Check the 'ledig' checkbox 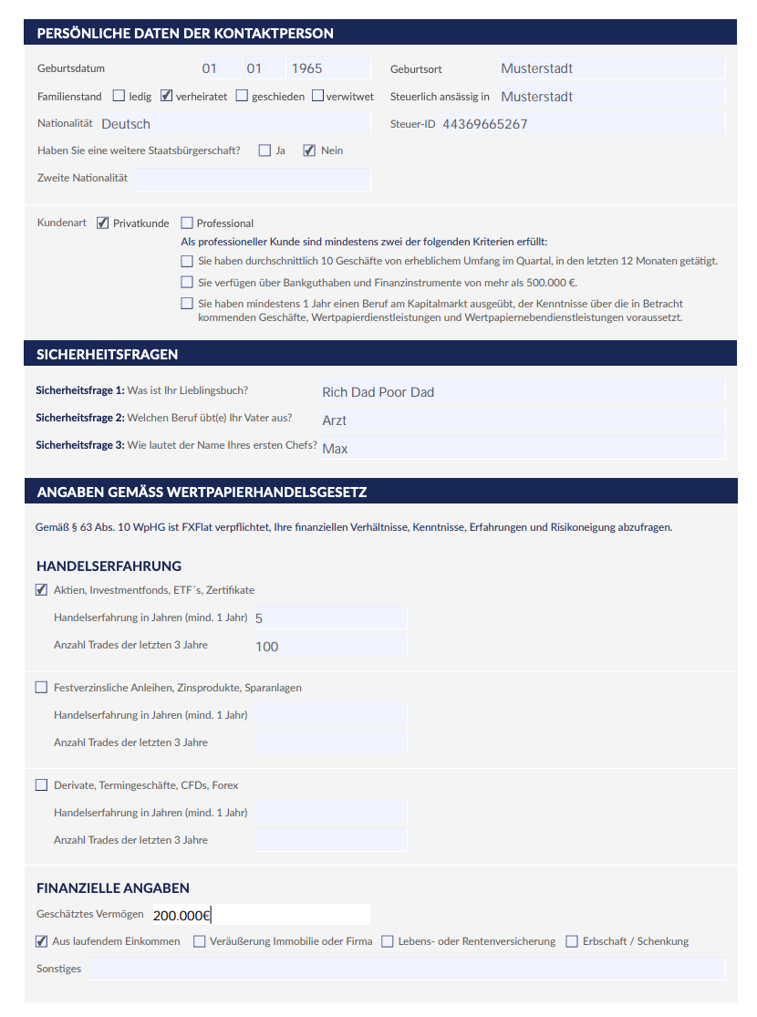point(119,96)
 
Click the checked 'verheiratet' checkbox point(167,96)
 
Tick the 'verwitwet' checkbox point(317,96)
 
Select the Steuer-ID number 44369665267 point(484,124)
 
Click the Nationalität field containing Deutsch point(233,123)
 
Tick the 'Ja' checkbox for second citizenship point(264,150)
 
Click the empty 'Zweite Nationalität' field point(252,179)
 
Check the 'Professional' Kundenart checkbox point(187,223)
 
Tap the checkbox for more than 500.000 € point(187,283)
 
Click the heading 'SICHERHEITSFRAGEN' point(108,354)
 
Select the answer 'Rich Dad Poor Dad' point(378,392)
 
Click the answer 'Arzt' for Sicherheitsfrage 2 point(335,420)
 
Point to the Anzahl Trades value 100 point(267,647)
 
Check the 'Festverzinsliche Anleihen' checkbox point(41,687)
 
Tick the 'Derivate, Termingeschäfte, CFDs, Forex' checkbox point(41,784)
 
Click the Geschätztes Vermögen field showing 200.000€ point(260,915)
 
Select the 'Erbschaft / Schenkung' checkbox point(572,941)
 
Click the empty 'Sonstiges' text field point(407,969)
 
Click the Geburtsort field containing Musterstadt point(611,68)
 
